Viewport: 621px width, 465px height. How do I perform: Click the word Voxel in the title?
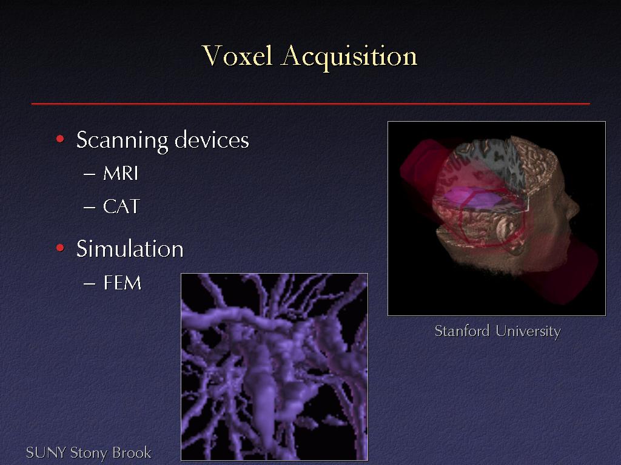coord(237,55)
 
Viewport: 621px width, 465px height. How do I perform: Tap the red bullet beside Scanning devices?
coord(60,139)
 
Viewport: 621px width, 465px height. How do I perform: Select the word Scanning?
coord(123,140)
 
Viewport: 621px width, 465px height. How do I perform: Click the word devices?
coord(212,140)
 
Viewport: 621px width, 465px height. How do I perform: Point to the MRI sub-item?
coord(121,174)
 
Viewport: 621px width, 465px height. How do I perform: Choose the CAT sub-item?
coord(121,206)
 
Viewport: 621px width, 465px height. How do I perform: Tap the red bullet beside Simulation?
coord(60,248)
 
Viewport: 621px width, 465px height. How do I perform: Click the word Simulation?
coord(130,249)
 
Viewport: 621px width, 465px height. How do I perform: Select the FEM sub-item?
coord(123,283)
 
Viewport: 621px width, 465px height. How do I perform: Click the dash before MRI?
coord(90,174)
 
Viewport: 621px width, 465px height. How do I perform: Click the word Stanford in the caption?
coord(462,331)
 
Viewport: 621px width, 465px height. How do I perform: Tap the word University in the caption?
coord(528,332)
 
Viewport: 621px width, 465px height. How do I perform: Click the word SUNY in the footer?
coord(46,453)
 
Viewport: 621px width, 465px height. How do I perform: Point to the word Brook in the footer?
coord(132,453)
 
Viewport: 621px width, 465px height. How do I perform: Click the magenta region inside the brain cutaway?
coord(469,197)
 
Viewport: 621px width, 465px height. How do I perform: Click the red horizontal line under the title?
coord(310,104)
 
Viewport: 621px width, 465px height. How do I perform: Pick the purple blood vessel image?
coord(275,367)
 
